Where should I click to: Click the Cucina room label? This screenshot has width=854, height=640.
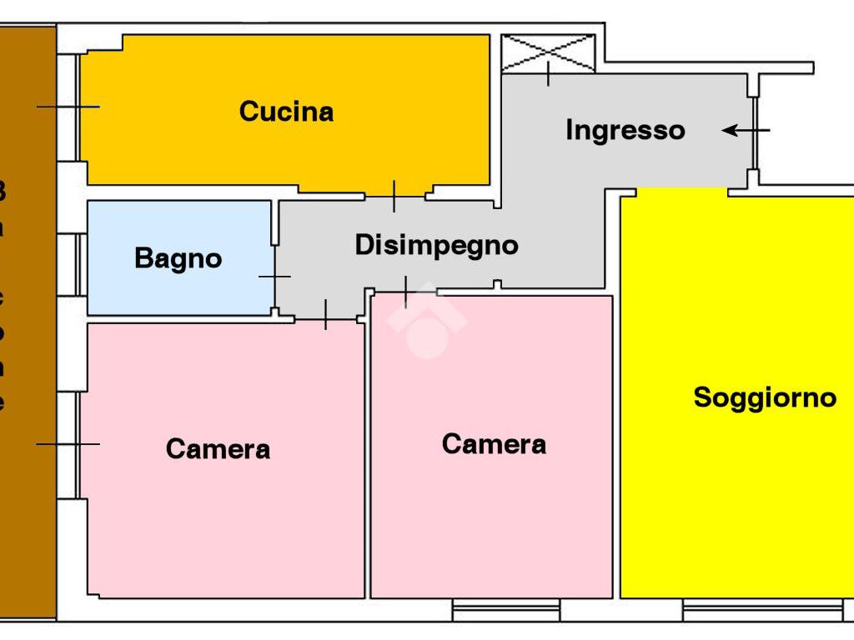point(286,112)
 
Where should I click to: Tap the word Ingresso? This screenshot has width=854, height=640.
point(625,131)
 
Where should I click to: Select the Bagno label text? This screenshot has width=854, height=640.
point(178,258)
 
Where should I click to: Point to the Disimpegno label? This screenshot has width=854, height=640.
point(436,246)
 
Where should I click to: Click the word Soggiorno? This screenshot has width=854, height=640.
point(765,397)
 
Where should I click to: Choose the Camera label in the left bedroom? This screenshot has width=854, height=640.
point(218,449)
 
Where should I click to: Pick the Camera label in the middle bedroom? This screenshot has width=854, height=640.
point(494,444)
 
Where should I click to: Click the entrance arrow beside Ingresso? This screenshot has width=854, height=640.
point(745,131)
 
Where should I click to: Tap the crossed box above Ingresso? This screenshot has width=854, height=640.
point(548,52)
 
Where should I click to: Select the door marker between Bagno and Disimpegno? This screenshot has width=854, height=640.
point(274,276)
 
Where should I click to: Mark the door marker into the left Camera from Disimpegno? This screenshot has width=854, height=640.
point(325,313)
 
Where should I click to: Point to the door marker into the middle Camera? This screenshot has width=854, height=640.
point(405,292)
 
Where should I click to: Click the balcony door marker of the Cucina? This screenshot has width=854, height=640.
point(68,107)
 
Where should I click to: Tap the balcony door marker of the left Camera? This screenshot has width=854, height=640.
point(68,444)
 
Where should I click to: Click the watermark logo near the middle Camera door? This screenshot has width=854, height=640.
point(426,322)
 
